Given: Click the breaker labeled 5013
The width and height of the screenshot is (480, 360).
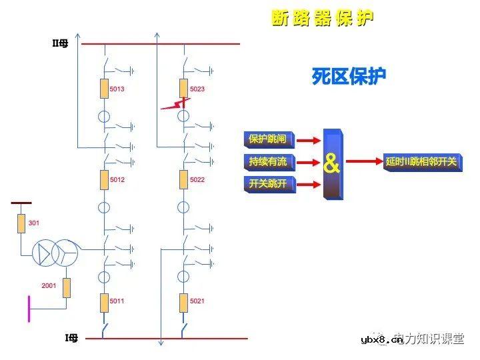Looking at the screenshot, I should point(104,88).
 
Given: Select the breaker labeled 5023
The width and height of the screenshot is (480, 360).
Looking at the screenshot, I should point(184,88).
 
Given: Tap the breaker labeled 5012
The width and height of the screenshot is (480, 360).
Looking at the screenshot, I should point(104,179).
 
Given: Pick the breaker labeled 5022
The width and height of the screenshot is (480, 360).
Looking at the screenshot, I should point(184,179).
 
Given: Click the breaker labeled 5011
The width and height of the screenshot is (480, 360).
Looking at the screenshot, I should point(104,303).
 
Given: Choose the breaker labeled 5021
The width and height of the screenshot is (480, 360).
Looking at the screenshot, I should point(184,303).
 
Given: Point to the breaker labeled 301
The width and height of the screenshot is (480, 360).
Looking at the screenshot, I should point(21,223).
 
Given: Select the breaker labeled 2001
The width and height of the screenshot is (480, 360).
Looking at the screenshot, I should point(67,287).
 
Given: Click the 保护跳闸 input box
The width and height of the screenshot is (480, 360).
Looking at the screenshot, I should point(267,139).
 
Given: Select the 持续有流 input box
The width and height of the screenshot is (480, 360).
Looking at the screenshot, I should point(267,161).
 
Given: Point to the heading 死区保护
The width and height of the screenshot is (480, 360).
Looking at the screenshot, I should point(349,77).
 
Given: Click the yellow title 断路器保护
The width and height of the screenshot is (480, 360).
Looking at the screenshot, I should point(322,18).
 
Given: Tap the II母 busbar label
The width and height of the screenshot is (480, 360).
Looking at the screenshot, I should point(61,43).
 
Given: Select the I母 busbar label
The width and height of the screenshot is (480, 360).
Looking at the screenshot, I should point(71,338).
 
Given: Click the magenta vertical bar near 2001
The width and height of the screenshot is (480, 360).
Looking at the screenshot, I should point(29,309).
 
